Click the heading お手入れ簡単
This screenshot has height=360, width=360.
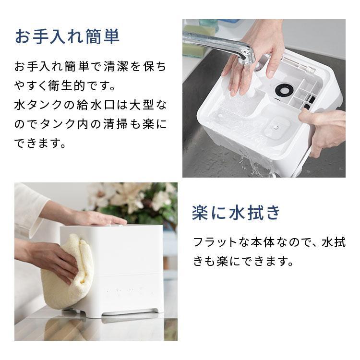pos(67,37)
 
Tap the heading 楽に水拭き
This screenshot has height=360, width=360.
pos(236,213)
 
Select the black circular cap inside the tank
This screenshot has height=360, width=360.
pos(284,89)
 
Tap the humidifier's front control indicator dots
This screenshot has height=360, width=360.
pos(123,290)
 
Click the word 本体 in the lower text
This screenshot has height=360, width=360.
pos(270,242)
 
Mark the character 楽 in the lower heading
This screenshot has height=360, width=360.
pos(200,213)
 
